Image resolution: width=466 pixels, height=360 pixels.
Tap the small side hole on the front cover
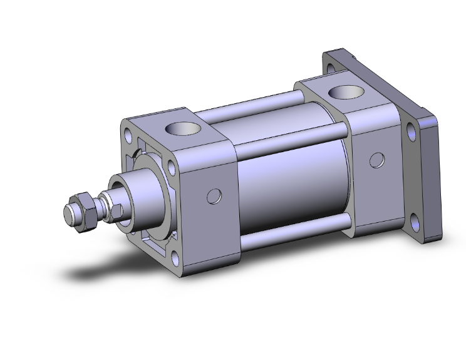point(214,196)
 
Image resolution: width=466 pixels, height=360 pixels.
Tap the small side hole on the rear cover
point(376,160)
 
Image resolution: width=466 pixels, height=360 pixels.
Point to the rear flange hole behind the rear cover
point(330,63)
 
